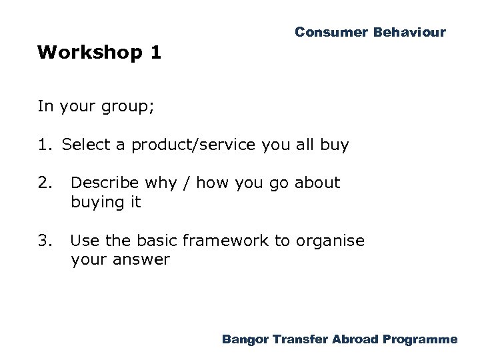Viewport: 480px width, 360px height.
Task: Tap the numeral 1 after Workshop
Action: [155, 53]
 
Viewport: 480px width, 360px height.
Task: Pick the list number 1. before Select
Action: [47, 145]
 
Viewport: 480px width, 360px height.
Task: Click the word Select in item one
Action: [83, 145]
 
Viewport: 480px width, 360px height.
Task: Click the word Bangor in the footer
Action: [246, 339]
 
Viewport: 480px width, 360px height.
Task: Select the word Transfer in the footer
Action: [300, 339]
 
